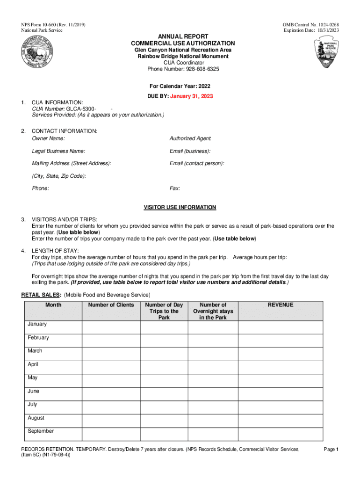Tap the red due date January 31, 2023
[191, 96]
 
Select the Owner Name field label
[48, 138]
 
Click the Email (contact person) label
[197, 163]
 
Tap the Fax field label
[175, 188]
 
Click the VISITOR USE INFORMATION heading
[180, 207]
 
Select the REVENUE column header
[281, 305]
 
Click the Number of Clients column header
[111, 305]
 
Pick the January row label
[37, 324]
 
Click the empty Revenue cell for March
[281, 354]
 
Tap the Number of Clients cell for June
[111, 394]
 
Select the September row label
[41, 431]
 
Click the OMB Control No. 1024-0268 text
[310, 24]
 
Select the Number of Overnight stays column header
[213, 311]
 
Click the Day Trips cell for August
[164, 421]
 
